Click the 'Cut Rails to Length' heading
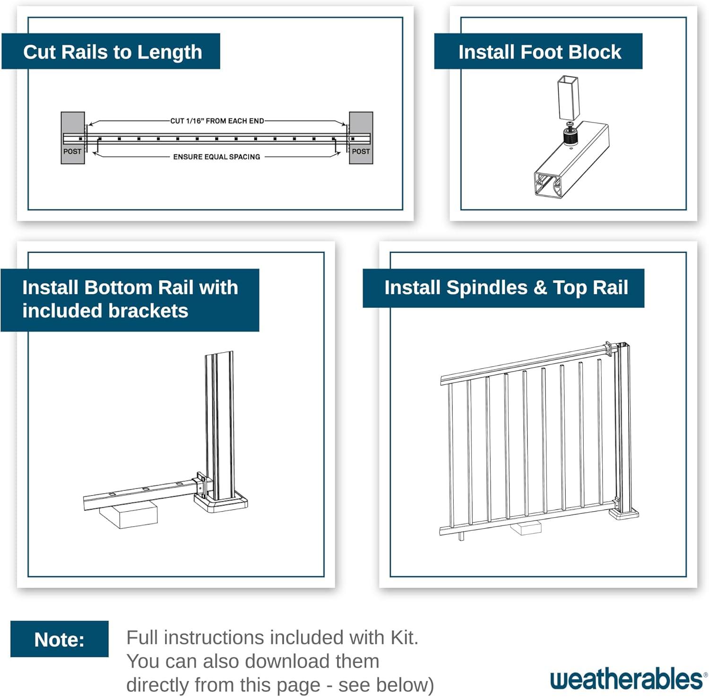(x=112, y=52)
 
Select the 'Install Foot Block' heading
(x=539, y=52)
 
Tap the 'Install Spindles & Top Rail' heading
(x=505, y=288)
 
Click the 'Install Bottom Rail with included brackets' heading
(x=130, y=299)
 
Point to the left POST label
(x=72, y=151)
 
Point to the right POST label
(x=361, y=151)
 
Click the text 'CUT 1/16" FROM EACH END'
(x=217, y=121)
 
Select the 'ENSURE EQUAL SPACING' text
(x=216, y=157)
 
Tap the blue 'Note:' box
(x=60, y=639)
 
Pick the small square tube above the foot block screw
(x=568, y=97)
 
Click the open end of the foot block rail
(x=548, y=185)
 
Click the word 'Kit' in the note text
(x=403, y=637)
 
